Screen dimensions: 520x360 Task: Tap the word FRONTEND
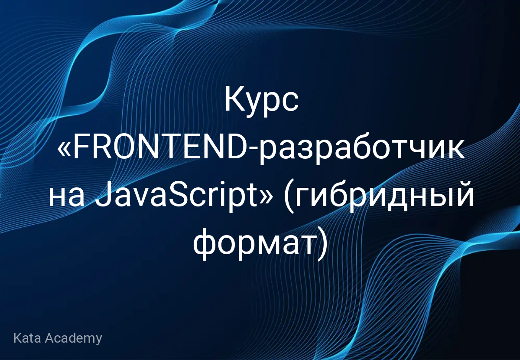[160, 148]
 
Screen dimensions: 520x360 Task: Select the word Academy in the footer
[73, 338]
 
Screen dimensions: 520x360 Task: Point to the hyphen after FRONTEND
[253, 151]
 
